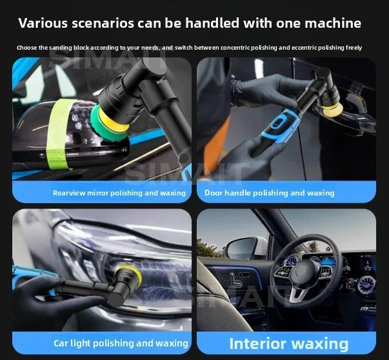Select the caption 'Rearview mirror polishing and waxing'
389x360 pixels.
[x=119, y=193]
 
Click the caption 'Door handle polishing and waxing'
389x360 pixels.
[x=269, y=193]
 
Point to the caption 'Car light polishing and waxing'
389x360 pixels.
[x=121, y=343]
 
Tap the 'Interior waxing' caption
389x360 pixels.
[x=288, y=343]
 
